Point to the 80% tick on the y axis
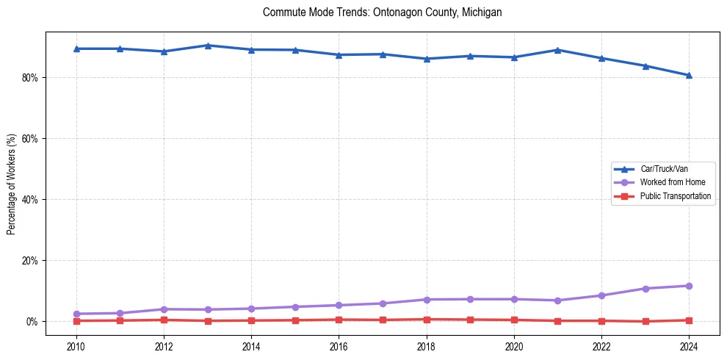pos(30,78)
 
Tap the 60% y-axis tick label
pos(30,139)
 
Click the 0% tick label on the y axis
pos(32,322)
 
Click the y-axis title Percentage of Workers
pos(12,184)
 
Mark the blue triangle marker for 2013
pos(208,46)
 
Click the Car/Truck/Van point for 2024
pos(689,75)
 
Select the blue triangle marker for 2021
pos(557,50)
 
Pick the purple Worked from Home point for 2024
pos(689,286)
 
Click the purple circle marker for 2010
pos(76,314)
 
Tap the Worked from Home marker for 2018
pos(427,300)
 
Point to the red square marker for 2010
pos(76,321)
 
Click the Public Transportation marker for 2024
pos(689,320)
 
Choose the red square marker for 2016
pos(339,320)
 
